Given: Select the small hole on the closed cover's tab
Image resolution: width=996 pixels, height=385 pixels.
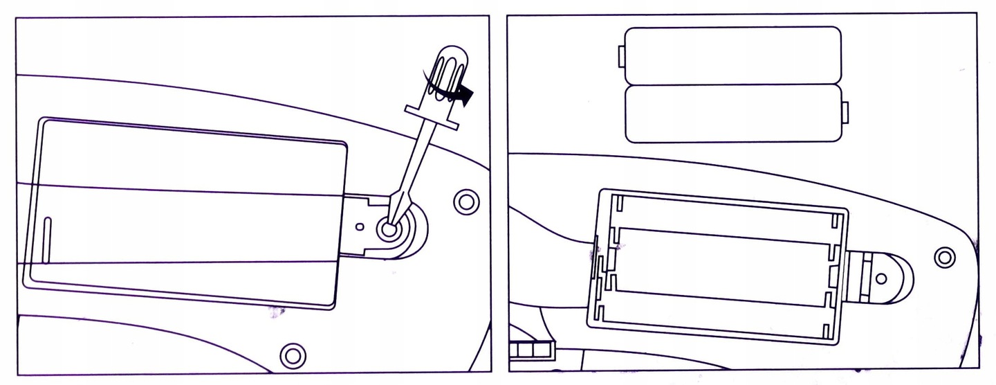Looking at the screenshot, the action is tap(360, 226).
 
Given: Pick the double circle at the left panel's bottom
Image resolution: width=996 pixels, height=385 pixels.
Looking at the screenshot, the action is tap(293, 355).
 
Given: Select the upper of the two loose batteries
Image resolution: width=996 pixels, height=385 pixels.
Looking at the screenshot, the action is tap(731, 55).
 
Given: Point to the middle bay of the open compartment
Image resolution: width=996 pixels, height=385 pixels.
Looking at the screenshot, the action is tap(723, 261).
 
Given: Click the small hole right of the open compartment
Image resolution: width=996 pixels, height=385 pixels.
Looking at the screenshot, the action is tap(881, 278).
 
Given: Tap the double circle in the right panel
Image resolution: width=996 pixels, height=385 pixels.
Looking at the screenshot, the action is tap(943, 257).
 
